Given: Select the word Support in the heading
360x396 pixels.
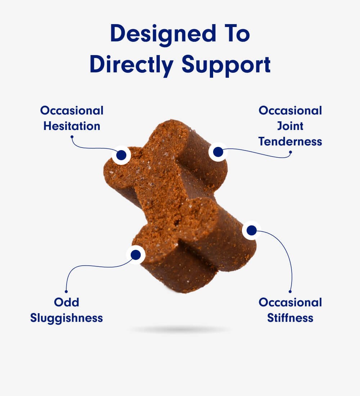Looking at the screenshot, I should pyautogui.click(x=226, y=66).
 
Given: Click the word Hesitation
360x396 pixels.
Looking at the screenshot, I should pyautogui.click(x=72, y=126).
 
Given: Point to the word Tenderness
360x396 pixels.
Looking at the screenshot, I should pyautogui.click(x=290, y=141).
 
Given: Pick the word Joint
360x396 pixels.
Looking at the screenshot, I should pyautogui.click(x=290, y=126).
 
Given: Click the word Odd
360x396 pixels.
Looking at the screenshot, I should pyautogui.click(x=66, y=302).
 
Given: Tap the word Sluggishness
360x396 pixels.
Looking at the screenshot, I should pyautogui.click(x=66, y=318).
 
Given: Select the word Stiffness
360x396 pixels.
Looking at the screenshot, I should pyautogui.click(x=290, y=318).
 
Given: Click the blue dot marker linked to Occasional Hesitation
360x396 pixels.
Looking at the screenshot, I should pyautogui.click(x=121, y=155).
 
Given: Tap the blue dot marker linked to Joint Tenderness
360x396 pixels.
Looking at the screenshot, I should pyautogui.click(x=218, y=152).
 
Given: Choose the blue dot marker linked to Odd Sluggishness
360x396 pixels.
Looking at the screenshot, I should pyautogui.click(x=136, y=255).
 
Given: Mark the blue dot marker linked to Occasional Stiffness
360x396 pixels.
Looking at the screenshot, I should pyautogui.click(x=251, y=230).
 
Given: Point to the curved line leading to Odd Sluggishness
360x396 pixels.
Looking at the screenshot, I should pyautogui.click(x=90, y=266).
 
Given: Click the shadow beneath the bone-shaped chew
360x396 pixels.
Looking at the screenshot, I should pyautogui.click(x=180, y=329).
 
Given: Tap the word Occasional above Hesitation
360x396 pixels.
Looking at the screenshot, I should pyautogui.click(x=72, y=111).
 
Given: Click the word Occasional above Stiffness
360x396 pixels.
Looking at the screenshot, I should pyautogui.click(x=290, y=302).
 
